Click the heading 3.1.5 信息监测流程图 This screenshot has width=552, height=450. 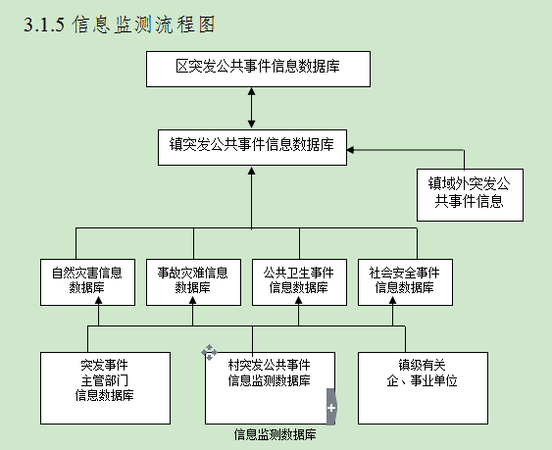pyautogui.click(x=120, y=25)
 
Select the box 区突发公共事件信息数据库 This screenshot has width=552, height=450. pyautogui.click(x=258, y=69)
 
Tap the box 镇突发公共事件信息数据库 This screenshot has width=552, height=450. pyautogui.click(x=252, y=147)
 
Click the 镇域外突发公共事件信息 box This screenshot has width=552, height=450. pyautogui.click(x=470, y=195)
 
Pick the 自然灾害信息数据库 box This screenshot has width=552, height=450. pyautogui.click(x=87, y=282)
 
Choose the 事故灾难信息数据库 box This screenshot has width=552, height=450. pyautogui.click(x=193, y=282)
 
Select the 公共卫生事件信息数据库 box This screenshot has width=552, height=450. pyautogui.click(x=299, y=282)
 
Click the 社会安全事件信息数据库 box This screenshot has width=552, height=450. pyautogui.click(x=405, y=282)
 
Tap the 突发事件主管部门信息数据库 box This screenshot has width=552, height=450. pyautogui.click(x=105, y=388)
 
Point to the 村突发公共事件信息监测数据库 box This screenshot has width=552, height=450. pyautogui.click(x=270, y=388)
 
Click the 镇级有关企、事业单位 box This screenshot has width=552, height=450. pyautogui.click(x=423, y=388)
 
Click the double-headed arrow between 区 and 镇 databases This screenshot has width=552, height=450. pyautogui.click(x=251, y=108)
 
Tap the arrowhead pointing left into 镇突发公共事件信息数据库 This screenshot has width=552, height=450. pyautogui.click(x=351, y=150)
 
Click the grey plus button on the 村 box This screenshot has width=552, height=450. pyautogui.click(x=331, y=407)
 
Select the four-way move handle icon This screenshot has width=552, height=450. pyautogui.click(x=209, y=353)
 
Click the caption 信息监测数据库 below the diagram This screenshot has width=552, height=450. pyautogui.click(x=275, y=434)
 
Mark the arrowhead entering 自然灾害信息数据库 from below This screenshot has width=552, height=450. pyautogui.click(x=99, y=300)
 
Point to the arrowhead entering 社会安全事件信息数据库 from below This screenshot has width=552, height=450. pyautogui.click(x=393, y=300)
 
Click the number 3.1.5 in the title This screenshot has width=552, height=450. pyautogui.click(x=44, y=25)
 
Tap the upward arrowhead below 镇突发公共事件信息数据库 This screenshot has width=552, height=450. pyautogui.click(x=251, y=171)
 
